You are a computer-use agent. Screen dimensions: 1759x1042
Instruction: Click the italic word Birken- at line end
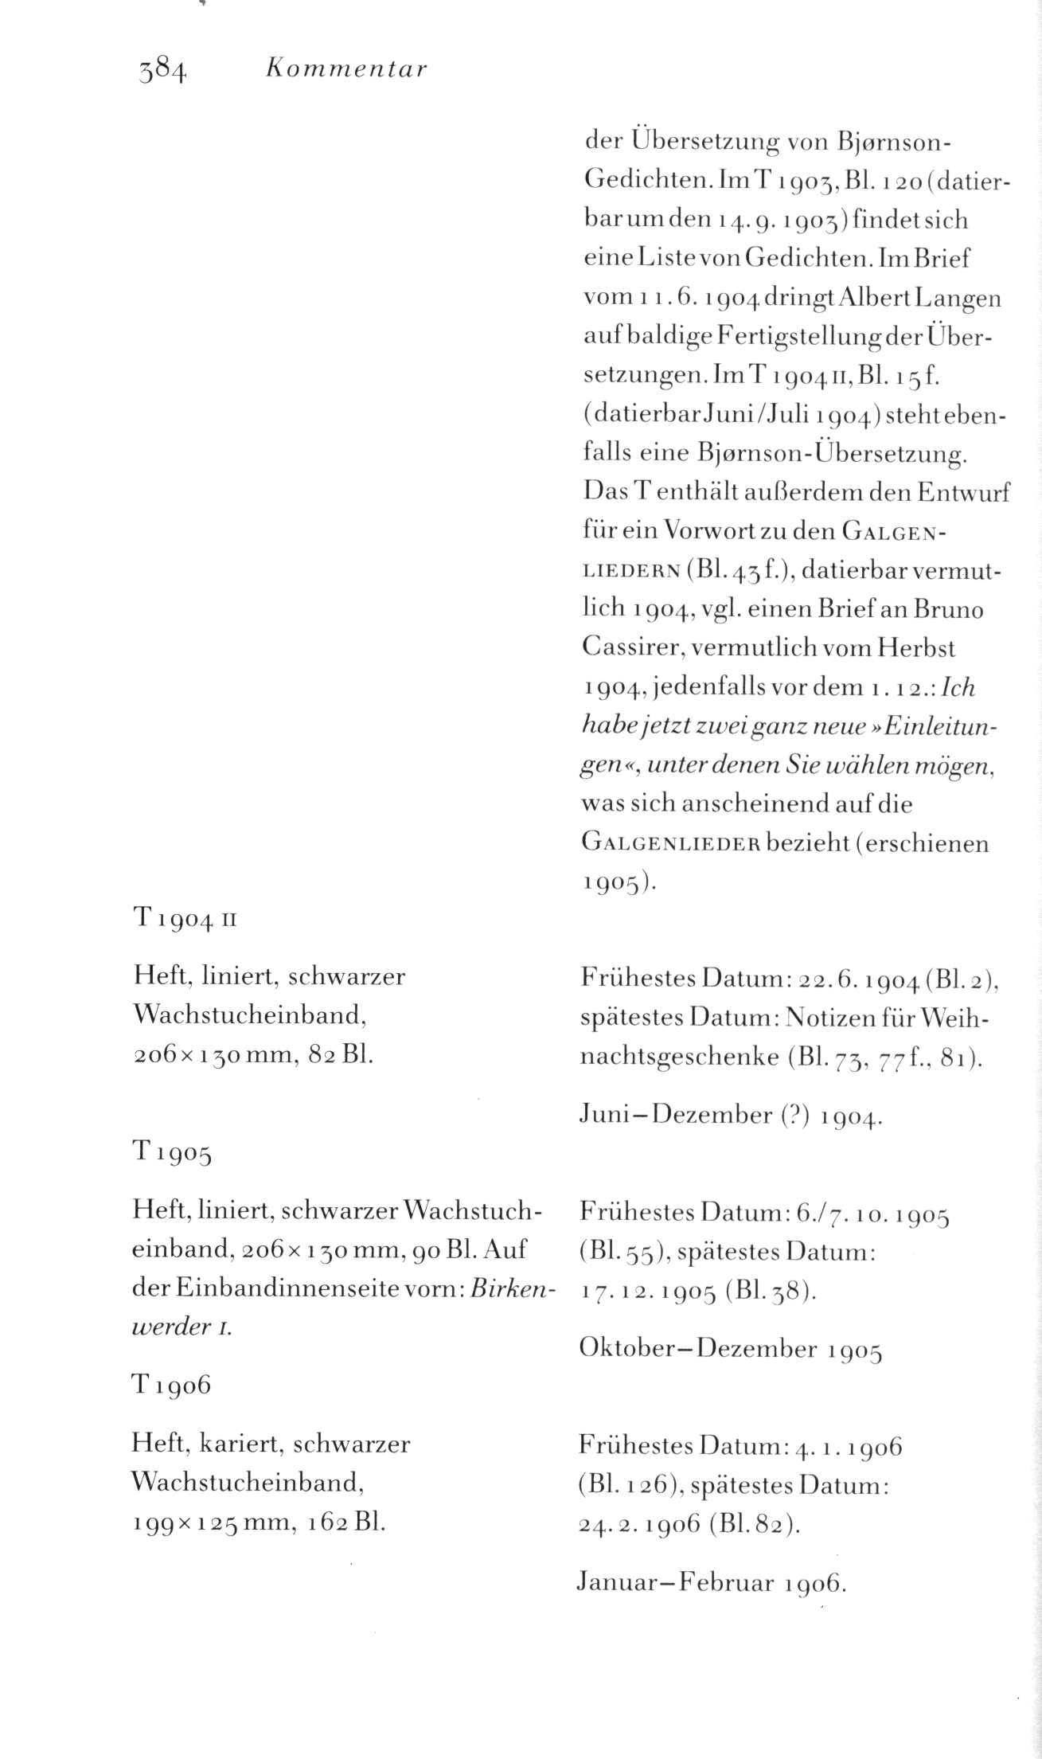pos(512,1288)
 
